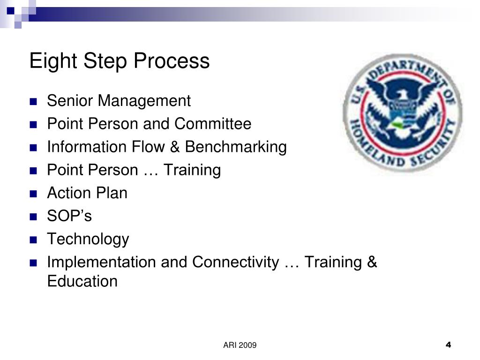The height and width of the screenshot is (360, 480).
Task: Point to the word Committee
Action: pos(213,124)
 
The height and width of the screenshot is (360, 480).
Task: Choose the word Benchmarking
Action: pos(236,147)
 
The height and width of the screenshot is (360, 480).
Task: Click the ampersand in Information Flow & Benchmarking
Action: pos(175,147)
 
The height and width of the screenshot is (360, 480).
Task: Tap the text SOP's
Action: pos(69,216)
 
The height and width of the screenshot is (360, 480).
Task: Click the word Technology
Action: pos(88,240)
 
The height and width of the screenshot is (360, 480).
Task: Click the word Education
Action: pos(82,281)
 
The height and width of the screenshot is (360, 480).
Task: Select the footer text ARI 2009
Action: pos(240,345)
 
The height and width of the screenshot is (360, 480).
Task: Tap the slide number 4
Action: pos(448,345)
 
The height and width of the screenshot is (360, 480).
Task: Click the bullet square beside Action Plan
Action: pos(33,194)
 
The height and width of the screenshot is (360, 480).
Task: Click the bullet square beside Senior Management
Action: pos(33,101)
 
